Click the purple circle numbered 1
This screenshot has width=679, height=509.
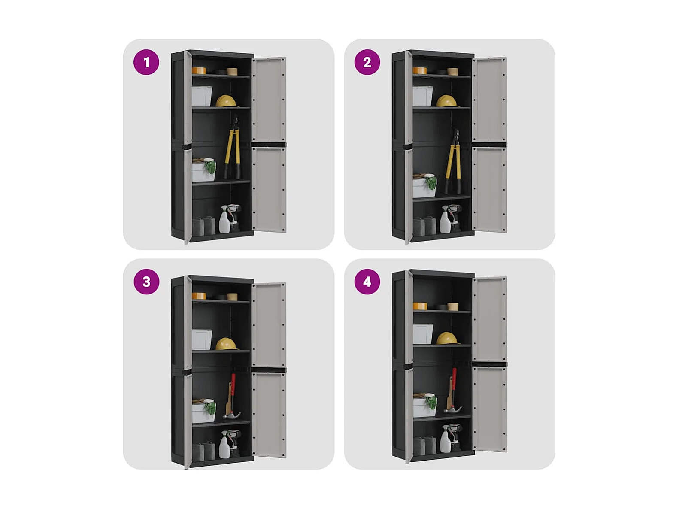coord(146,62)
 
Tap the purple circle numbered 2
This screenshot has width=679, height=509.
coord(367,62)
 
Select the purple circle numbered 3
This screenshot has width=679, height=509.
coord(146,282)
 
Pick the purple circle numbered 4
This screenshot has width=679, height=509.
coord(367,282)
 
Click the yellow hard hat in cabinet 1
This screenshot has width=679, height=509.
coord(227,101)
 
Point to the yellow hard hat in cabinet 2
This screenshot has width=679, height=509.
coord(447,101)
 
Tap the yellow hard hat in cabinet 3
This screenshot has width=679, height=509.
coord(227,344)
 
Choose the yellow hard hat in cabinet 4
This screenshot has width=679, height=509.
coord(448,338)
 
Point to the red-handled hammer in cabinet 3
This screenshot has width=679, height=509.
coord(231,396)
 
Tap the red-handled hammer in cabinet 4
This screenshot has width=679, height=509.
coord(452,390)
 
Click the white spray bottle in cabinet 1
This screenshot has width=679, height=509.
coord(224,220)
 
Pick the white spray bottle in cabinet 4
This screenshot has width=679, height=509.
coord(445,439)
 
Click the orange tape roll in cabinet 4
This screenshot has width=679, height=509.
coord(420,306)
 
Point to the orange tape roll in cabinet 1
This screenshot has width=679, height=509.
coord(199,71)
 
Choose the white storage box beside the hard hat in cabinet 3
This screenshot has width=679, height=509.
coord(202,339)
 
